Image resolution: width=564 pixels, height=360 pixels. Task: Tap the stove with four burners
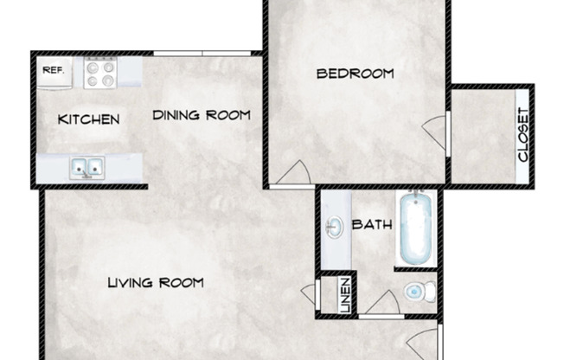click(x=99, y=73)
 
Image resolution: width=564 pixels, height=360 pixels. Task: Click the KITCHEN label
click(x=88, y=119)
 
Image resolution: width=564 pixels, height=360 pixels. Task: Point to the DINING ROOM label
click(x=202, y=114)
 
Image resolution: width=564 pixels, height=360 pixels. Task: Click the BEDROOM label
click(x=355, y=74)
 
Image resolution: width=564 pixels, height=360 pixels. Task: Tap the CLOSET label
click(x=522, y=135)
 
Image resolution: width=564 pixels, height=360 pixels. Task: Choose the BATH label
click(x=372, y=225)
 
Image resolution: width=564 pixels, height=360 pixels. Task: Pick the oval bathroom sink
click(x=334, y=229)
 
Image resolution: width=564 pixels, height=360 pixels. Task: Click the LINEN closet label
click(x=344, y=294)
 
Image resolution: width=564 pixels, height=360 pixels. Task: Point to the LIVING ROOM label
click(x=156, y=282)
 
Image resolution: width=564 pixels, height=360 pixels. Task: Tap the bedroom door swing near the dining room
click(x=292, y=173)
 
